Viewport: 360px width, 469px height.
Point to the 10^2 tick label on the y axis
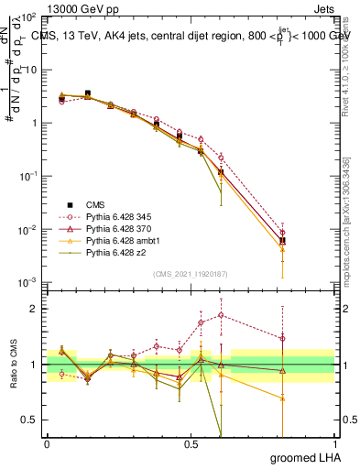29,17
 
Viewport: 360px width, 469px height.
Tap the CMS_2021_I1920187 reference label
190,273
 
